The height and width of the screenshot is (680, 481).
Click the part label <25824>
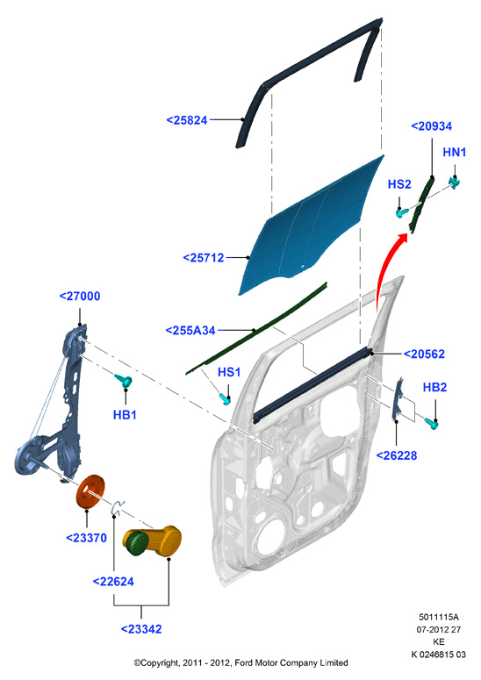point(187,120)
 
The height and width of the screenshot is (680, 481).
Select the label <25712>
point(204,258)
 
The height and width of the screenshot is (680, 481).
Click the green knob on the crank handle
point(138,544)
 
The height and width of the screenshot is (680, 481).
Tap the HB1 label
point(125,415)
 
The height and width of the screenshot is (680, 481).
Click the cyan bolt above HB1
point(124,381)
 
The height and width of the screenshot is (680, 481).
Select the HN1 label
point(455,152)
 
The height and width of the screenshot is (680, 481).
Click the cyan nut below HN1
point(454,183)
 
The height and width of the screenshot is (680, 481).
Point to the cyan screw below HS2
point(402,213)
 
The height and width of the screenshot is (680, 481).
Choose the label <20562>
point(424,354)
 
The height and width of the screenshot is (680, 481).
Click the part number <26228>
point(397,455)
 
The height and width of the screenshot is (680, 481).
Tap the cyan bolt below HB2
point(431,423)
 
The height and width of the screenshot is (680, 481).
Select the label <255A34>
point(190,331)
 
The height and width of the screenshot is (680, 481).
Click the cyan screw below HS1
point(225,398)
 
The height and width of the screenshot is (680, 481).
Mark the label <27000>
point(80,297)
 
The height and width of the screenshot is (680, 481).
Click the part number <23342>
point(141,629)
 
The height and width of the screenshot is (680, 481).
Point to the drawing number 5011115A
point(439,617)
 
